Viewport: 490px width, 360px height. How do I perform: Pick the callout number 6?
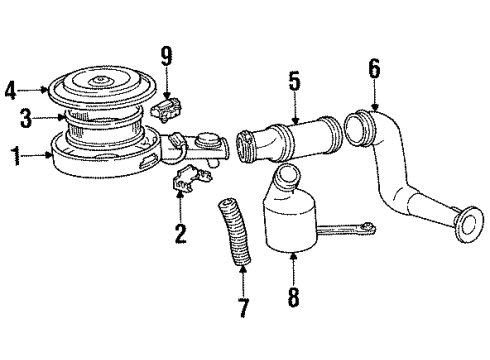click(375, 68)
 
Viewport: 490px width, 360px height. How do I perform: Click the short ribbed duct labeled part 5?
click(285, 140)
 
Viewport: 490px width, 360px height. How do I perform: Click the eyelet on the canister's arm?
click(370, 228)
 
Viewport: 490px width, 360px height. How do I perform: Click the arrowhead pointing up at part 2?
click(181, 193)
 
